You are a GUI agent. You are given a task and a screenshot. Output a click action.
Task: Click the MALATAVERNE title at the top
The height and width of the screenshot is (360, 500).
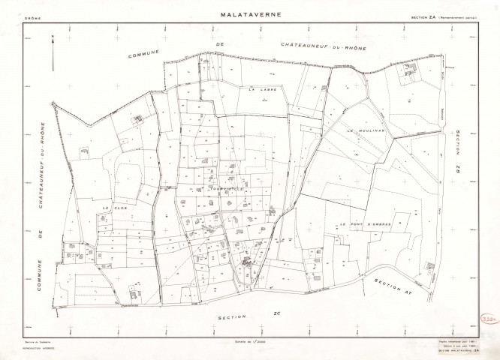pos(250,14)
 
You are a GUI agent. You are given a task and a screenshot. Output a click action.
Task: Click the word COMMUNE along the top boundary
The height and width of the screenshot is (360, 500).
pos(146,55)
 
